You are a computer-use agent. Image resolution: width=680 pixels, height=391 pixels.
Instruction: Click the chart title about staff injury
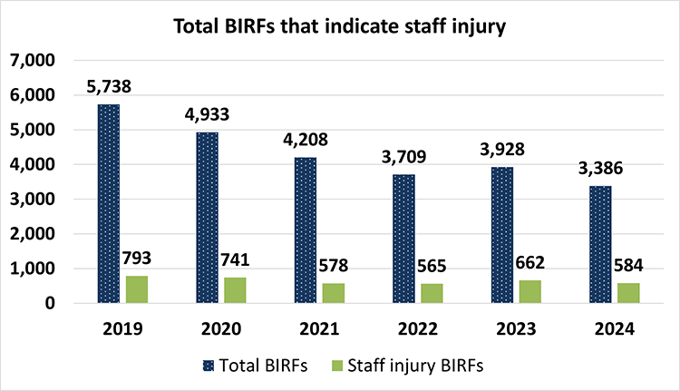[339, 27]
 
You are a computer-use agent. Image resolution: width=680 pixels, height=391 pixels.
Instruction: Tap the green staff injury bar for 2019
[138, 289]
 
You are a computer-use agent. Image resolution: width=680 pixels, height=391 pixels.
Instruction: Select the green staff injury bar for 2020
[235, 290]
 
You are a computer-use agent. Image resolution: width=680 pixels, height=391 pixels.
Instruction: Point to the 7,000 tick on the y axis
[32, 61]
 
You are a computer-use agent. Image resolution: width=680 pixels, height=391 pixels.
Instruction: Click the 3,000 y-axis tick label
[32, 200]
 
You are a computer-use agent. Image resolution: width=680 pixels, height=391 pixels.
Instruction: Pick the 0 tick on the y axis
[51, 303]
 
